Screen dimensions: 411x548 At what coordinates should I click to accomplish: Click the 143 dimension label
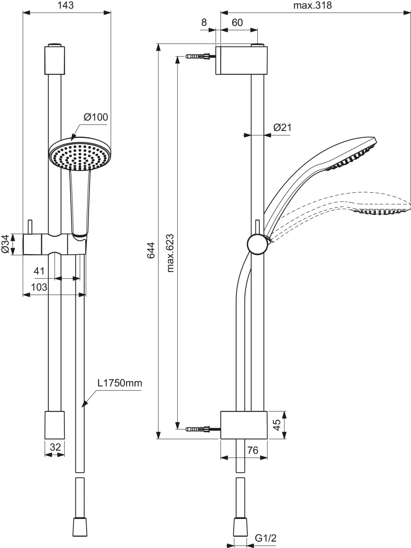coord(66,5)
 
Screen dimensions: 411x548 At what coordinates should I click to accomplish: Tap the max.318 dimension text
coord(312,5)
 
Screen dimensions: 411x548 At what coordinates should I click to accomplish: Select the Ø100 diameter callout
coord(96,117)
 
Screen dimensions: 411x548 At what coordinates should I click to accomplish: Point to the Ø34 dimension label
coord(5,244)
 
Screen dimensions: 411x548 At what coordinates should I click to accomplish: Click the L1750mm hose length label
coord(120,383)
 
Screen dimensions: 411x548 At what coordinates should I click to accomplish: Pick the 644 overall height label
coord(151,251)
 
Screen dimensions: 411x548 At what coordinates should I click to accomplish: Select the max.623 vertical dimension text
coord(170,253)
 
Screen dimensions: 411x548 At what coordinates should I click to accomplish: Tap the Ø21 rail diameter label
coord(283,128)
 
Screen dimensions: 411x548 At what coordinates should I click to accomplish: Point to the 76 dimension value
coord(253,450)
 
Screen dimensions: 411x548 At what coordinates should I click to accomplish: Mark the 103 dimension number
coord(39,287)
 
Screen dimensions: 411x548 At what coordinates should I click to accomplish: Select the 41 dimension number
coord(39,271)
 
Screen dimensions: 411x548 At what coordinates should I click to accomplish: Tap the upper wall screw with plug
coord(201,56)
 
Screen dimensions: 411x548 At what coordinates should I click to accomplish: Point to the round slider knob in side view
coord(258,244)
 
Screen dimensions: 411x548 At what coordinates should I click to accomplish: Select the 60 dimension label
coord(237,23)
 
